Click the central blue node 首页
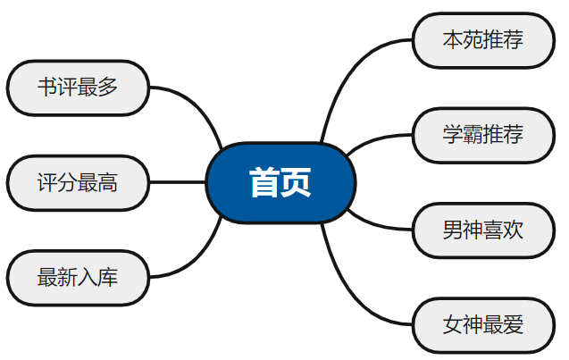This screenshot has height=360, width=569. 280,182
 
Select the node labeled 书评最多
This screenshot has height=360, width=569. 78,88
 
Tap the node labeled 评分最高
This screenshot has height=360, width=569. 78,182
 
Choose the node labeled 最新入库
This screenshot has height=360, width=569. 78,278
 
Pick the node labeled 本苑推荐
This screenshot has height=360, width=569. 482,40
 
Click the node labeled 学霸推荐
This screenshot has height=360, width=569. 482,135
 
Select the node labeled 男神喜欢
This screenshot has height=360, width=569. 482,230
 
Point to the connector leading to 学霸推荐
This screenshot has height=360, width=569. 375,138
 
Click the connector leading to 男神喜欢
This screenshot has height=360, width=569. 375,226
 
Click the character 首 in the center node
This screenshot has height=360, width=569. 264,182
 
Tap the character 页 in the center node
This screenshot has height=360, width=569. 297,182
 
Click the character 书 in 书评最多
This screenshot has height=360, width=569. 47,88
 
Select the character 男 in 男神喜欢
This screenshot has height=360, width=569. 453,230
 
